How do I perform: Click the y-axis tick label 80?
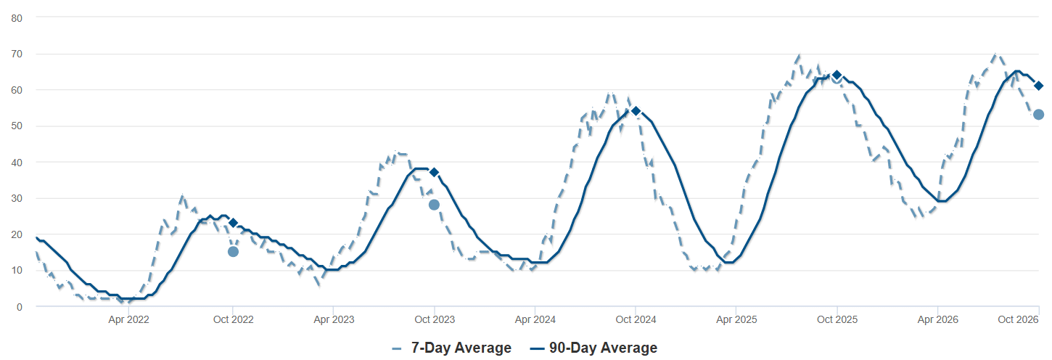pos(17,18)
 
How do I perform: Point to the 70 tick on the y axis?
pos(17,54)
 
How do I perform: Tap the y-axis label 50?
pos(17,126)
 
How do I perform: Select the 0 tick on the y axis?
pos(20,307)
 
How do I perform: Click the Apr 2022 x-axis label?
pos(128,319)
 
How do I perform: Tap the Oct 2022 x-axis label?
pos(234,319)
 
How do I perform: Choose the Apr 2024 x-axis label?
pos(535,319)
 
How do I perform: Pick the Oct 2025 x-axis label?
pos(837,319)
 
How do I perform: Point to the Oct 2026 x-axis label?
pos(1018,319)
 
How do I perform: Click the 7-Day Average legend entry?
pos(452,348)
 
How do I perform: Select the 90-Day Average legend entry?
pos(593,348)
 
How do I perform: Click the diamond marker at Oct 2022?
pos(234,222)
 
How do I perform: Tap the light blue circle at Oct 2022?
pos(233,252)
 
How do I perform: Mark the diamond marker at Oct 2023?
pos(435,173)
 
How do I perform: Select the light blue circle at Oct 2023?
pos(434,205)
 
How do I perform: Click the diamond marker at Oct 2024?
pos(636,111)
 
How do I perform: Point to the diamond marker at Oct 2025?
pos(837,75)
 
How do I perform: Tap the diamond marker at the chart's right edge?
pos(1039,86)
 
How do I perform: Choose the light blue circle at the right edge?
pos(1039,115)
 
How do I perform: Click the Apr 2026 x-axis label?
pos(938,319)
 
